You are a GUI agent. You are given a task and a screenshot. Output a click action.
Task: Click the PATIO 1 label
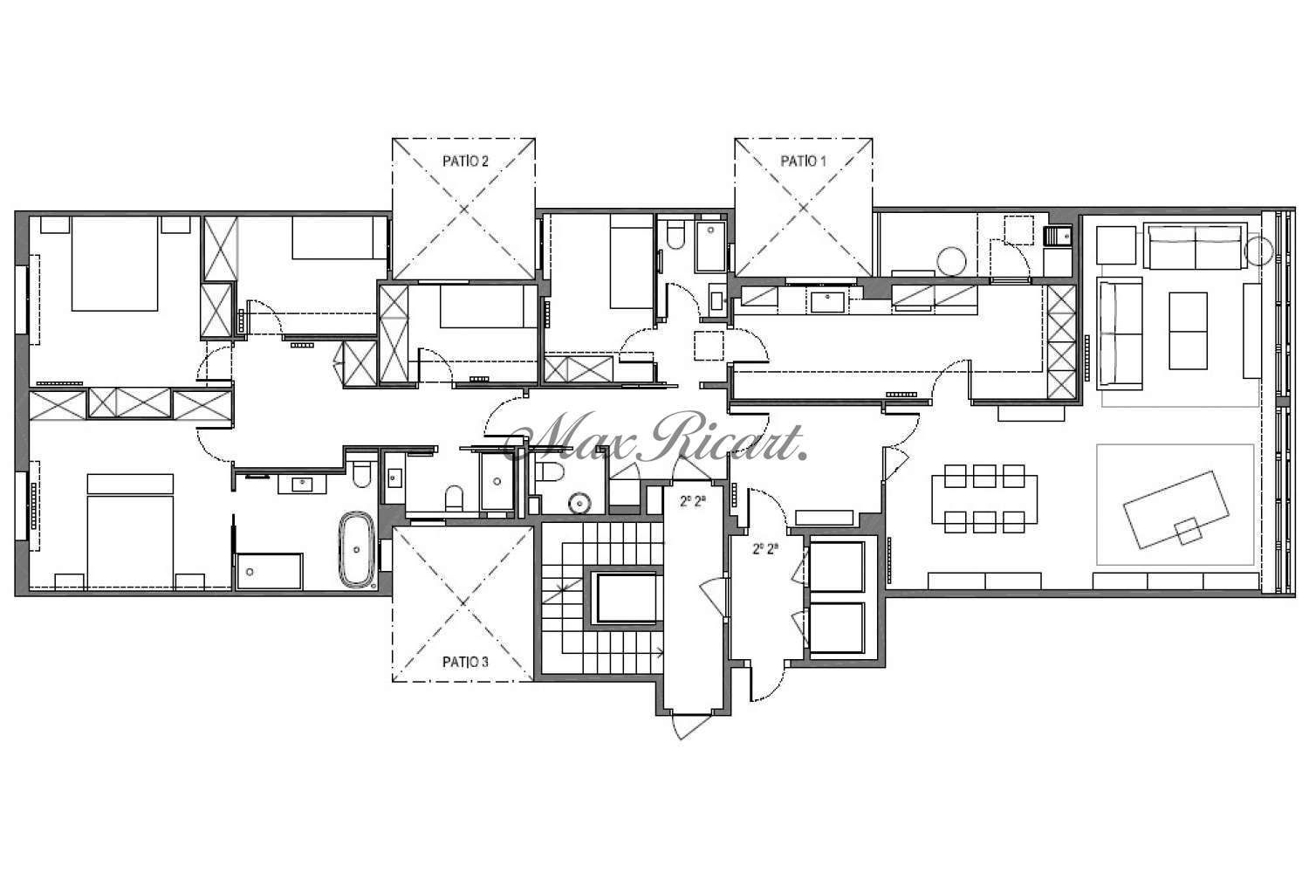pos(803,161)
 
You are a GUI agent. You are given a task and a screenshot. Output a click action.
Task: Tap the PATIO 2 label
pos(465,161)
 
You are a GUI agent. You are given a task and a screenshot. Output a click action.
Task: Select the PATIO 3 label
pos(465,662)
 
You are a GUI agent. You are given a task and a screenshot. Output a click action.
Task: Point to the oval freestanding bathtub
pos(356,549)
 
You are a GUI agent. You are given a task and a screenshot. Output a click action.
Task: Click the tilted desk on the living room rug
pos(1175,510)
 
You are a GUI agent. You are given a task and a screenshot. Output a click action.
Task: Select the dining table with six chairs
pos(984,498)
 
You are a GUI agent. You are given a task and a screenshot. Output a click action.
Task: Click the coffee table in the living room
pos(1188,331)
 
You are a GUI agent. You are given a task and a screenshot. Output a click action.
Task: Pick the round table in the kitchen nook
pos(951,261)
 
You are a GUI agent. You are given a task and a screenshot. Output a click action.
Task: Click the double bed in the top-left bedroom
pos(114,264)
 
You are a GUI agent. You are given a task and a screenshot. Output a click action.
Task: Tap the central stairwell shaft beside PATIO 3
pos(626,598)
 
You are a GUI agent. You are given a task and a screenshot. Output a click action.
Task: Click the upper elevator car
pos(836,567)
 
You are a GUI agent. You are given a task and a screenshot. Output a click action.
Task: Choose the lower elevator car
pos(836,628)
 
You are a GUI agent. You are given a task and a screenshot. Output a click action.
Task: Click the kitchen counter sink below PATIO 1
pos(827,302)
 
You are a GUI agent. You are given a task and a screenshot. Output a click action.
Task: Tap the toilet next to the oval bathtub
pos(362,475)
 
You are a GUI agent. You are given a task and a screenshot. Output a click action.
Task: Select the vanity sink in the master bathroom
pos(302,485)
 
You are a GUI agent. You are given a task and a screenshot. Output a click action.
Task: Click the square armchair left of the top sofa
pos(1116,245)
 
